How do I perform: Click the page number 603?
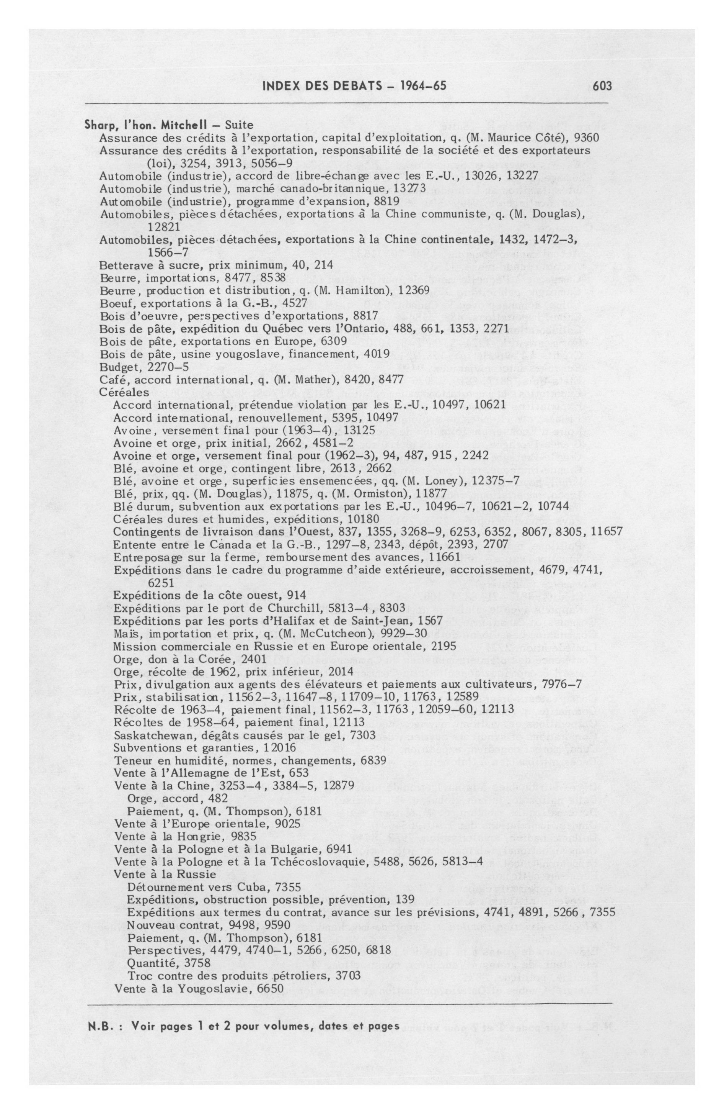(602, 86)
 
